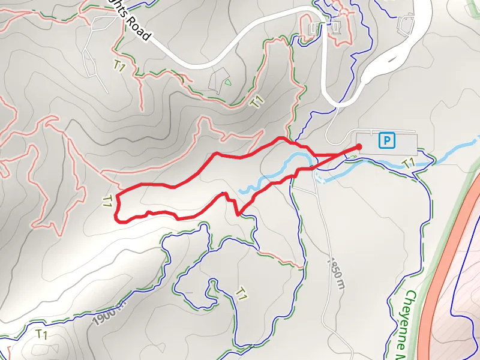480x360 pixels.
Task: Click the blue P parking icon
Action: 388,141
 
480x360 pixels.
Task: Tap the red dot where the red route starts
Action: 359,146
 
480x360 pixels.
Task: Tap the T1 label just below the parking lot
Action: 409,163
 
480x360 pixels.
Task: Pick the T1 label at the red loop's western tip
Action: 108,202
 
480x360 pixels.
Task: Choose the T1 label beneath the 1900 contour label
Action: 41,334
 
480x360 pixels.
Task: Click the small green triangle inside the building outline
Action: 227,82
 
